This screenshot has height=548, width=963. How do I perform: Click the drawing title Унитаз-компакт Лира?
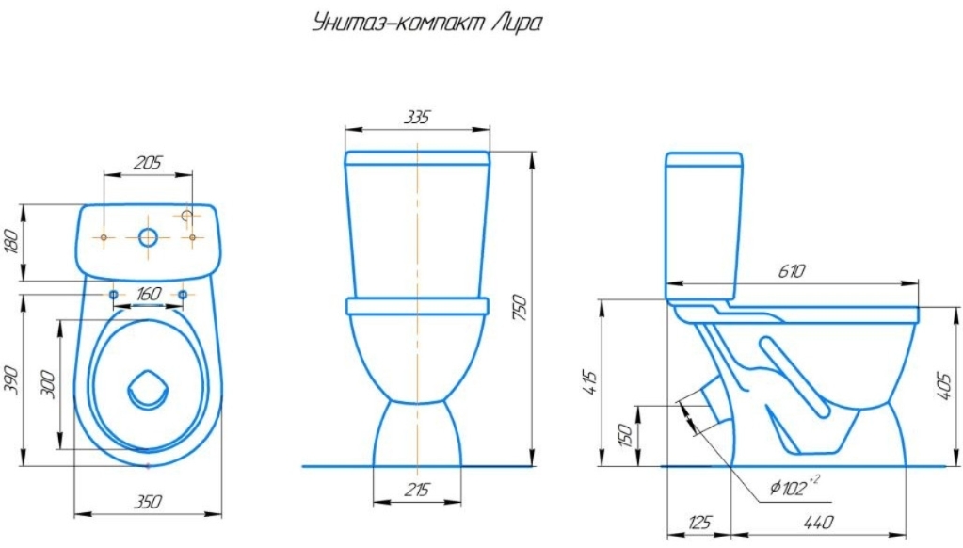click(x=426, y=24)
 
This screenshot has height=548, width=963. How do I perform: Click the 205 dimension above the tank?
click(x=148, y=162)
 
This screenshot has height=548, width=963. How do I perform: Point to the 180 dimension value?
click(x=11, y=241)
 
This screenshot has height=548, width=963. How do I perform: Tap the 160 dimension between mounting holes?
click(x=148, y=295)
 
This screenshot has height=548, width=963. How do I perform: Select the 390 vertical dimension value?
click(x=11, y=379)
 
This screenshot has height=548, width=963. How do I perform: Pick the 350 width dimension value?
click(x=148, y=502)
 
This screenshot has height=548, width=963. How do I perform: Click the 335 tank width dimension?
click(x=417, y=117)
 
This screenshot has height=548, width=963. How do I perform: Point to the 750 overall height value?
click(x=520, y=308)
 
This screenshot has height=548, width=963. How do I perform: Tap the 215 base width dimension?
click(x=417, y=490)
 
